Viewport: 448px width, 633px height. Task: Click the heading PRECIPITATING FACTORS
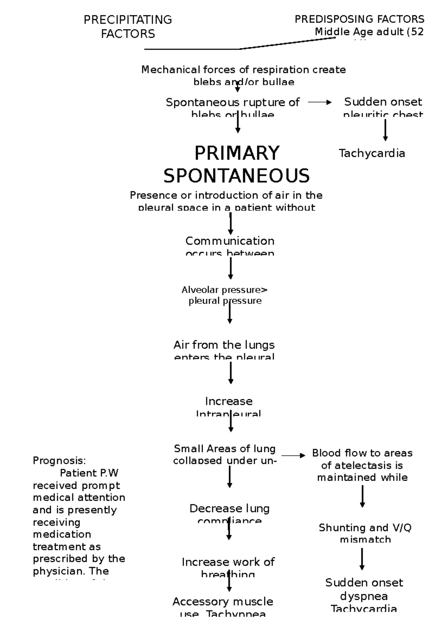128,26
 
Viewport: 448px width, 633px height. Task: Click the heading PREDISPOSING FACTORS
359,19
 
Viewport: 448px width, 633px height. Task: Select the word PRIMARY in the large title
237,153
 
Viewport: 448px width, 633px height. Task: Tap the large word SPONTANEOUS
237,176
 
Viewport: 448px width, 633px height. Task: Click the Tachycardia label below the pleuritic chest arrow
372,153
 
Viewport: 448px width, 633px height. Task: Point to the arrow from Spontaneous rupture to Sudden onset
320,103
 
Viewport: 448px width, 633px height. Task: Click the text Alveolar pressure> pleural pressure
225,295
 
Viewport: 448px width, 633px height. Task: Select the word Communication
230,241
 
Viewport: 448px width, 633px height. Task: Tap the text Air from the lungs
224,345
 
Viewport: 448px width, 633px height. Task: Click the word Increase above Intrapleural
229,401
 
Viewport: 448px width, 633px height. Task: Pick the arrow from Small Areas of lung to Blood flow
293,456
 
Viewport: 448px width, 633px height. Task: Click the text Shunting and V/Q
365,528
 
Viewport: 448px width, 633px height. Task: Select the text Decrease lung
229,508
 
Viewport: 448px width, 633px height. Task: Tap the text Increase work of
228,562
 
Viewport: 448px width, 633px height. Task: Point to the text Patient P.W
89,473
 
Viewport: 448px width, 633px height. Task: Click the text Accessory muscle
223,602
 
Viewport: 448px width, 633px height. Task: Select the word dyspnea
364,596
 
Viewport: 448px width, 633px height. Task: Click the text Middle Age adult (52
369,32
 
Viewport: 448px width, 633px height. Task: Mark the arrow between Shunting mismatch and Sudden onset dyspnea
362,559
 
